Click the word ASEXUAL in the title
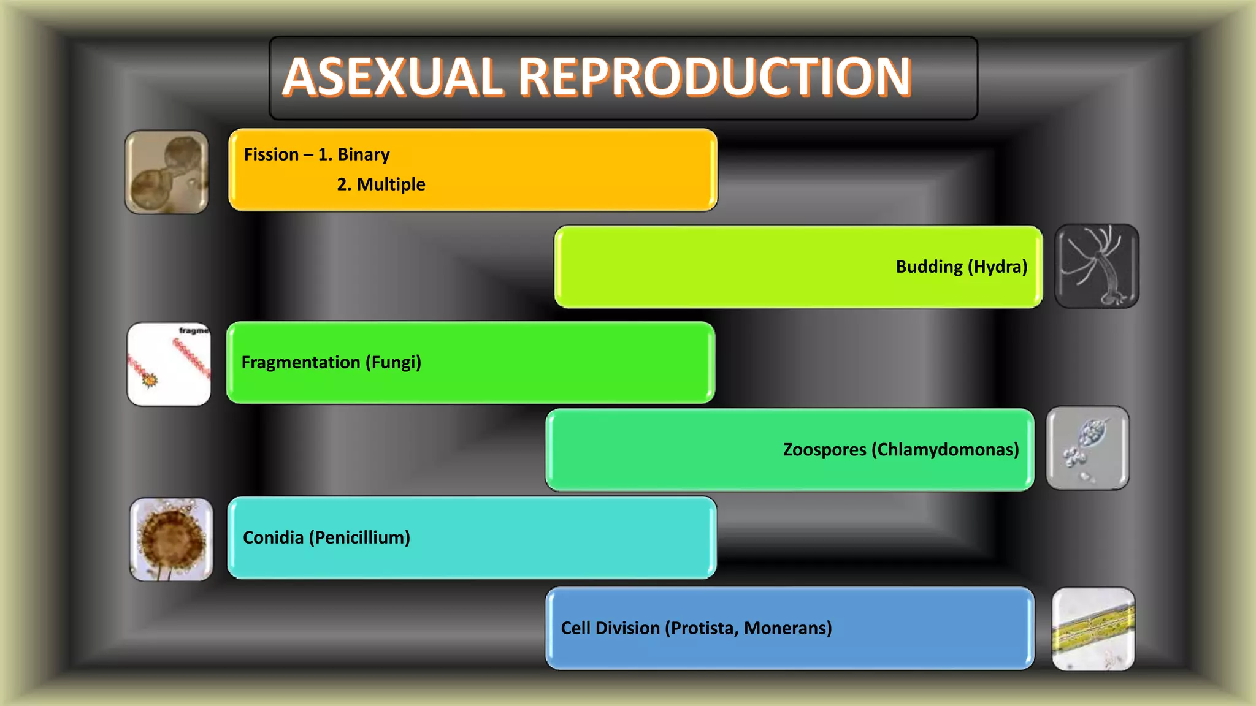coord(392,78)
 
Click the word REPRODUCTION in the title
coord(715,78)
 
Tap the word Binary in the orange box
coord(363,154)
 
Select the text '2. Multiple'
coord(381,184)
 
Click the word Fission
coord(271,154)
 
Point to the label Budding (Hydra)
coord(961,267)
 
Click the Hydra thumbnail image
coord(1097,266)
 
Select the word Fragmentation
coord(301,363)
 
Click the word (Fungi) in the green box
coord(394,363)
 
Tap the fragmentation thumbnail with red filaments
coord(169,364)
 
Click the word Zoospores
coord(824,450)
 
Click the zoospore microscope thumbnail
coord(1087,448)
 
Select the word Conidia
coord(273,538)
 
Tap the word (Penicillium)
coord(359,538)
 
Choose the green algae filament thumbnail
coord(1093,629)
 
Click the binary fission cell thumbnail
coord(167,172)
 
